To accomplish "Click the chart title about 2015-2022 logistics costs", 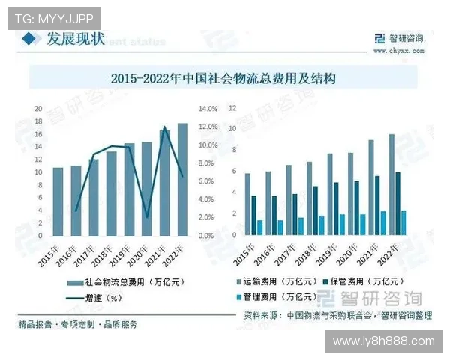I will [x=225, y=77].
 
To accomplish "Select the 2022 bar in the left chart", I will [x=183, y=180].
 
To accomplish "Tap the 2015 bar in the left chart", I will [x=57, y=202].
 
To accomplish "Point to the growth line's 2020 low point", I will [x=148, y=217].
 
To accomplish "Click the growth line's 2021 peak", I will [x=164, y=127].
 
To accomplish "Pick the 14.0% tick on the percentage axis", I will [x=207, y=108].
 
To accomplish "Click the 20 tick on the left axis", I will [x=38, y=108].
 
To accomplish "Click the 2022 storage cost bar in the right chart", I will [x=397, y=204].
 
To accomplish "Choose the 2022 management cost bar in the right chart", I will [x=403, y=223].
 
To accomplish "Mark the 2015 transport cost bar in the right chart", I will [x=247, y=205].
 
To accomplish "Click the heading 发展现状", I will [x=75, y=39].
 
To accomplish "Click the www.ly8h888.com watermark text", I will [x=383, y=341].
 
